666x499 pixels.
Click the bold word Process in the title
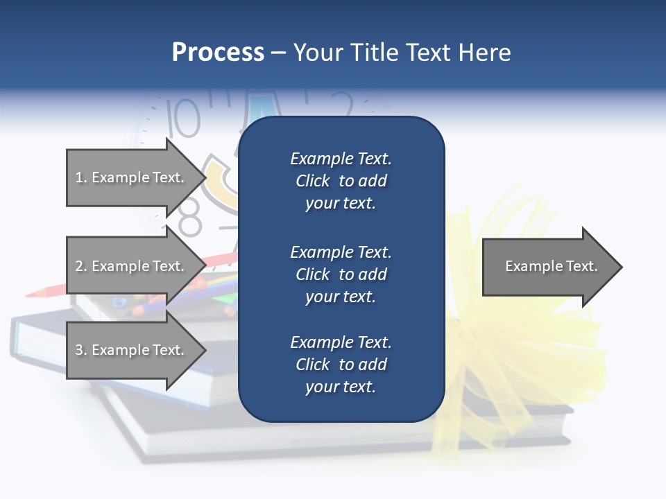click(x=218, y=53)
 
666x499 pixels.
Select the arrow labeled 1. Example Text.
click(x=132, y=177)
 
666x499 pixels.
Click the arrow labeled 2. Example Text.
click(x=132, y=266)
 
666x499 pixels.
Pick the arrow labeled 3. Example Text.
click(x=132, y=350)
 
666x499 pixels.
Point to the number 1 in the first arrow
click(x=79, y=177)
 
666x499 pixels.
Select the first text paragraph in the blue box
click(x=341, y=181)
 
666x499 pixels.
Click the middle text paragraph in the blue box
click(x=341, y=274)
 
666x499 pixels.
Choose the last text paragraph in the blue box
click(x=341, y=365)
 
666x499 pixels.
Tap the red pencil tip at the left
click(x=31, y=294)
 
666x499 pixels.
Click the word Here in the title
click(x=485, y=53)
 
